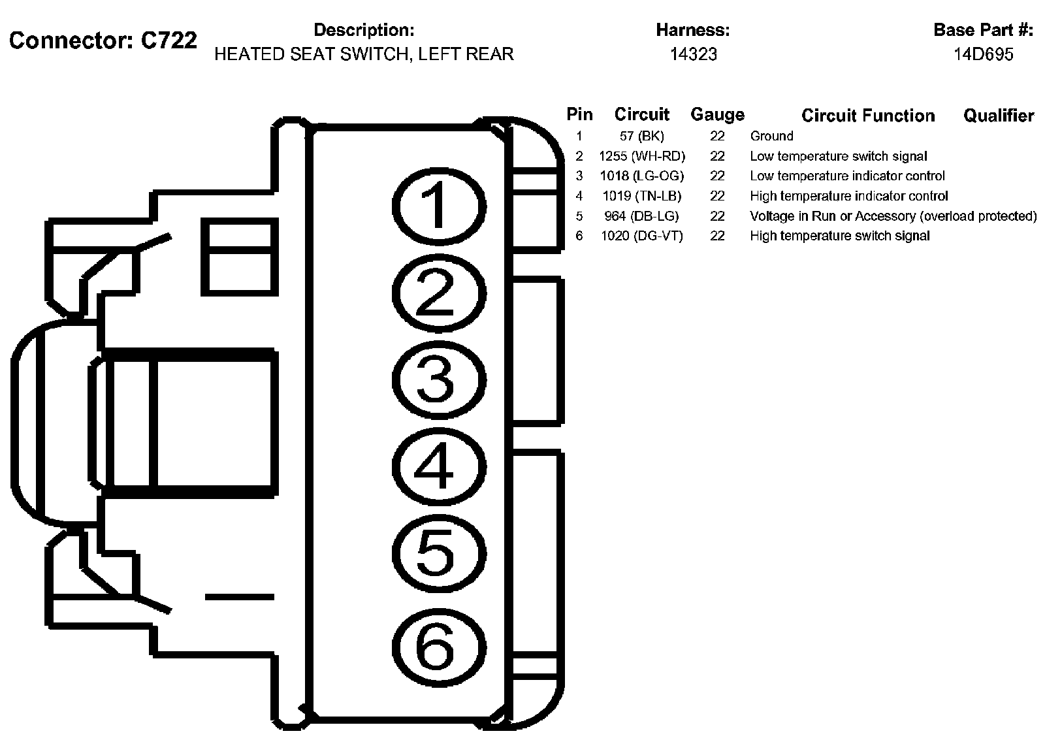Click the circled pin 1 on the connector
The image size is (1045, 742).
pos(438,205)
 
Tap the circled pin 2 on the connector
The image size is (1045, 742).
pos(438,293)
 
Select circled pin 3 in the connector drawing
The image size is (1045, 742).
pos(438,380)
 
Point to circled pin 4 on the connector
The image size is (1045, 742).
pos(438,467)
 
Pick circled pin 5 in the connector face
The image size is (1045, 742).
pos(438,553)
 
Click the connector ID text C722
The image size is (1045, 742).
pos(169,40)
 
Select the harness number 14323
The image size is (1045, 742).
pos(693,54)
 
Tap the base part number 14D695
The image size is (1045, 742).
pos(983,54)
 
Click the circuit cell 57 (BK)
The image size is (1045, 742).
pos(641,137)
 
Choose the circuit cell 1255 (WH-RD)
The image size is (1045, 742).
pos(641,156)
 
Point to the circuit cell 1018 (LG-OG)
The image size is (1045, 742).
pos(641,176)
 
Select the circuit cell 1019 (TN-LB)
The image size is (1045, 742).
pos(641,196)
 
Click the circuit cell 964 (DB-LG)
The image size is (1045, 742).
pos(641,216)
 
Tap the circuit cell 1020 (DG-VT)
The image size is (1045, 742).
pos(641,236)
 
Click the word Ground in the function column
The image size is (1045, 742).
pos(771,137)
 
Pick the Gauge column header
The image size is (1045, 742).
pos(717,115)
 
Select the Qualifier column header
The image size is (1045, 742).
pos(998,116)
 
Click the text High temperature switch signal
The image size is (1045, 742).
pos(839,236)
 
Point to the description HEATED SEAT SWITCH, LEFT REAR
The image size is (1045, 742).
pos(364,54)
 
